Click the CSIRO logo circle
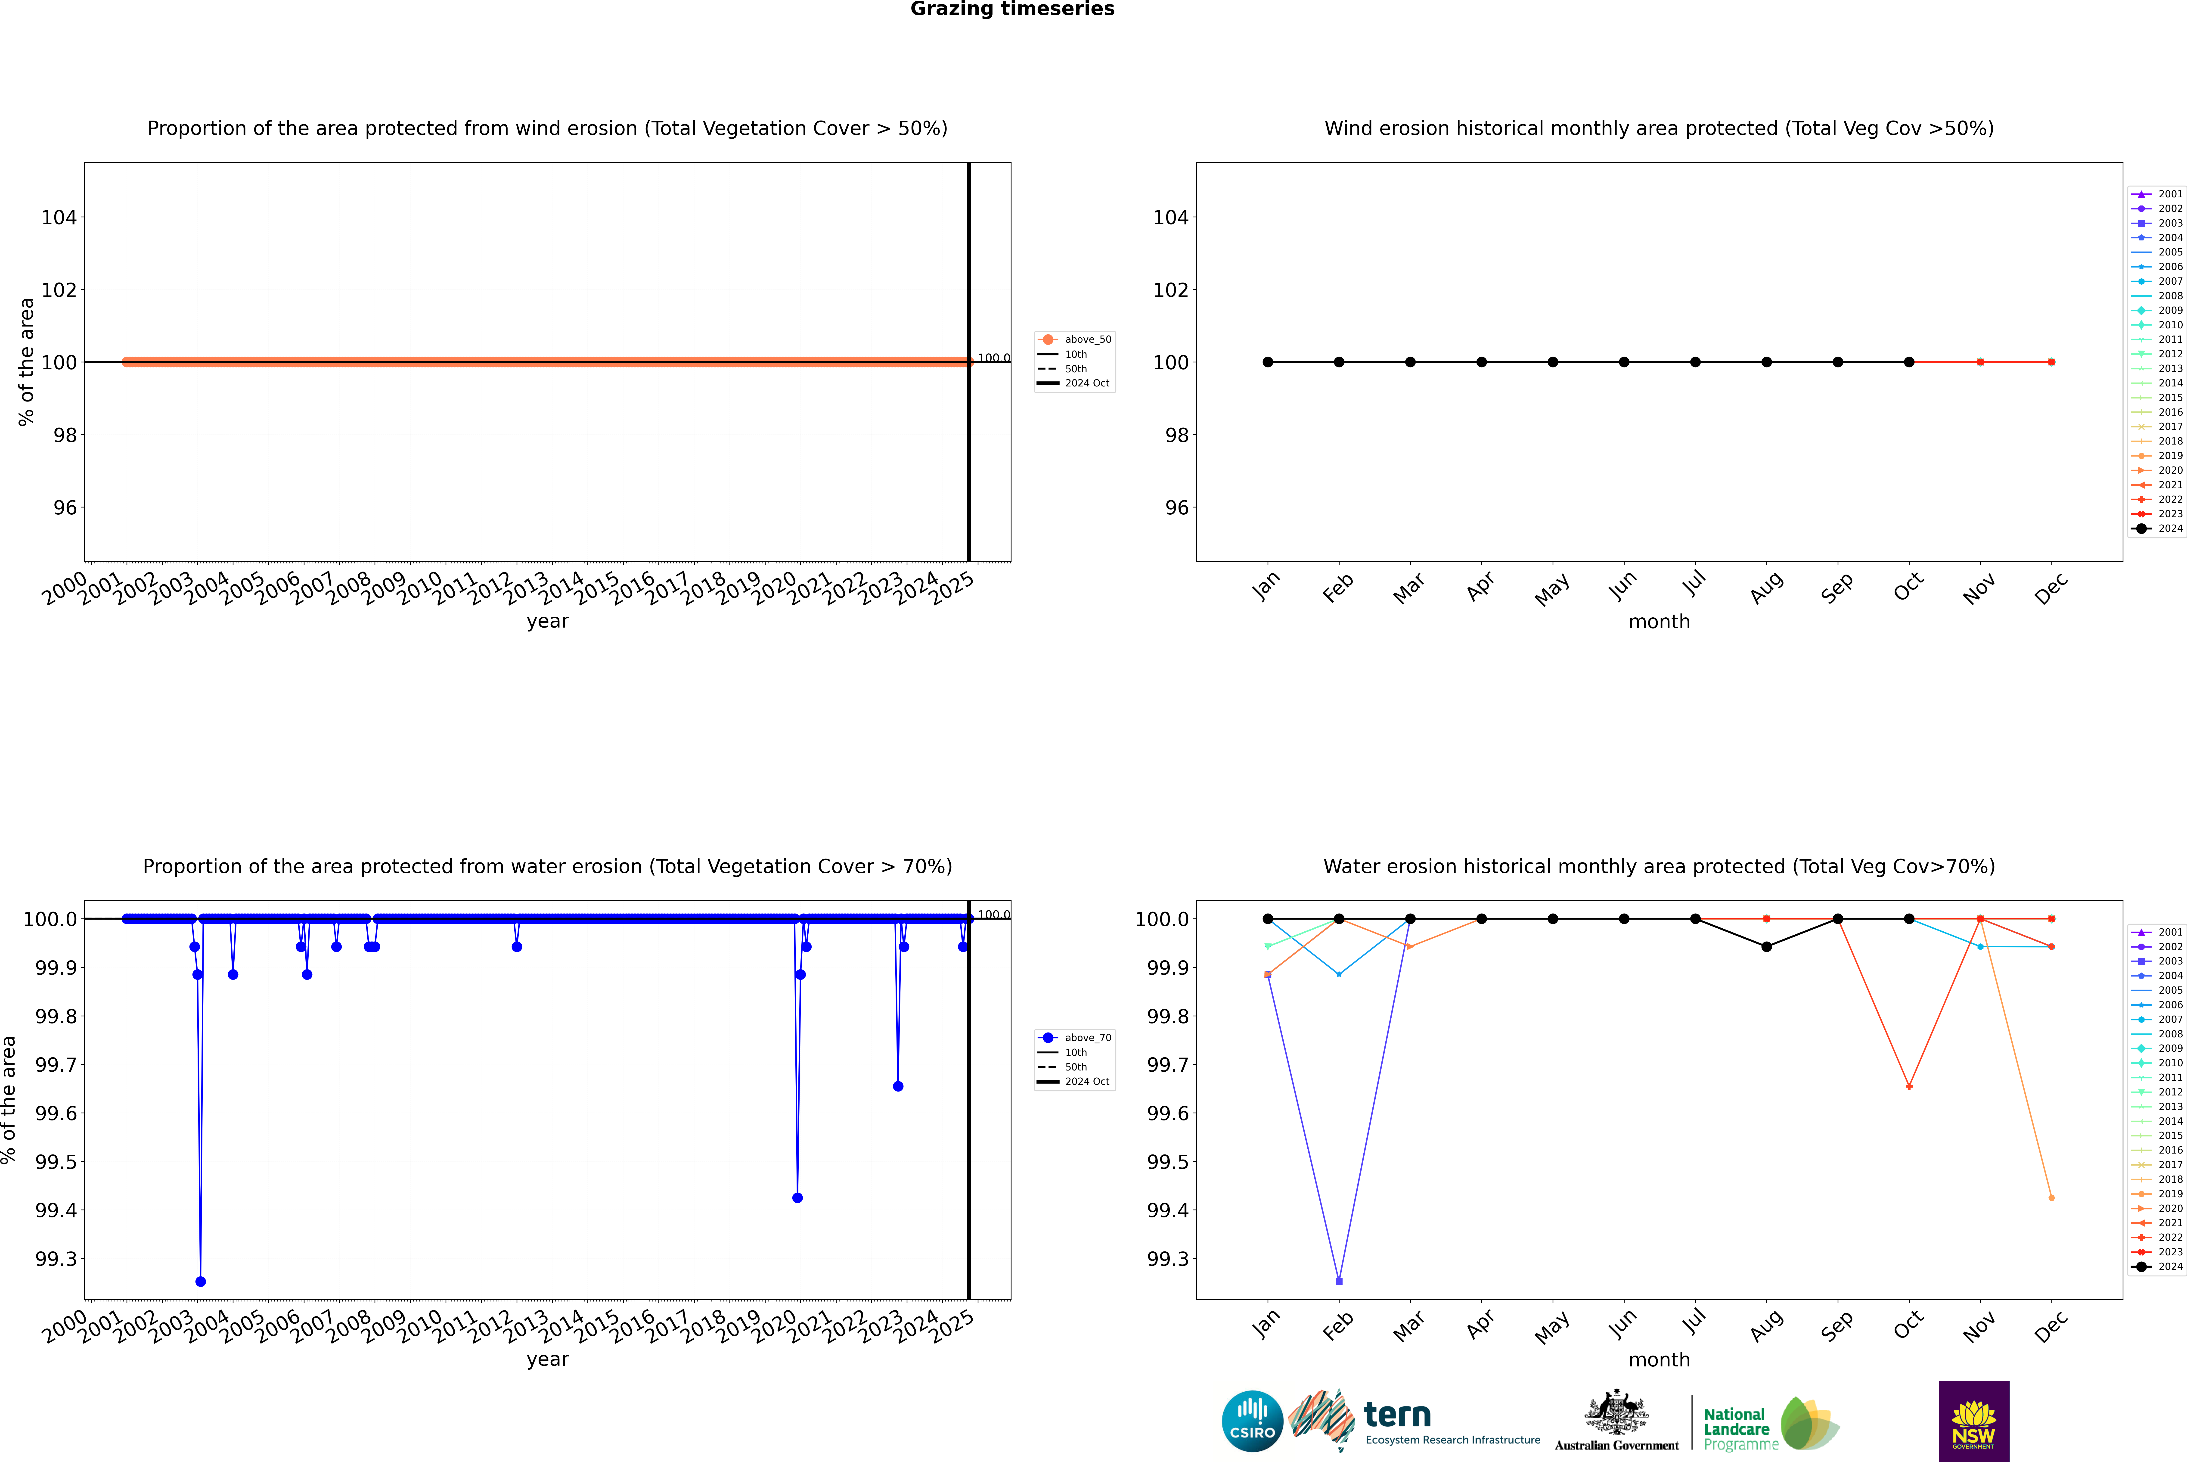click(1252, 1421)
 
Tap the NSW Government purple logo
click(1973, 1421)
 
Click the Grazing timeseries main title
click(1012, 9)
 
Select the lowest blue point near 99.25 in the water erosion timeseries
click(200, 1281)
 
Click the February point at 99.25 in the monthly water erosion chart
click(1339, 1281)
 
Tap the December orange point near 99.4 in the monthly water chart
click(2051, 1197)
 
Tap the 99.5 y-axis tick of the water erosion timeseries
click(56, 1162)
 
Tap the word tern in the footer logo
click(1396, 1415)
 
